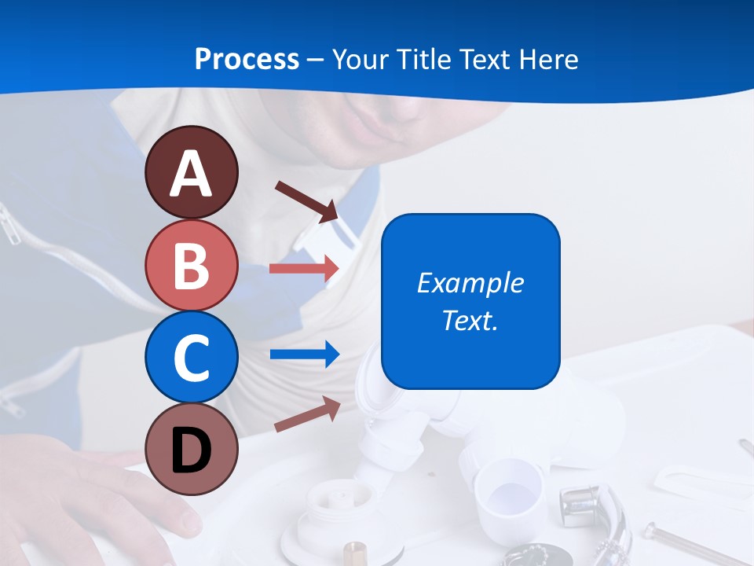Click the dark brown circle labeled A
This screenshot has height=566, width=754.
(x=191, y=172)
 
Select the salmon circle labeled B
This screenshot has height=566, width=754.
(x=191, y=265)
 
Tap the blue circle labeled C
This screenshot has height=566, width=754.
(x=191, y=357)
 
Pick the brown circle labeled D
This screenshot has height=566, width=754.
(x=191, y=449)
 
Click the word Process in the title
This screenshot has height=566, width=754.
(x=247, y=60)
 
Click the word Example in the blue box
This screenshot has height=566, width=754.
(x=470, y=283)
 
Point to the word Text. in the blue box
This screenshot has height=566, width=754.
(x=470, y=320)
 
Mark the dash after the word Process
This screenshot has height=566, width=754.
(x=315, y=61)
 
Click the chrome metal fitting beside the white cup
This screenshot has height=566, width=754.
(x=597, y=511)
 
